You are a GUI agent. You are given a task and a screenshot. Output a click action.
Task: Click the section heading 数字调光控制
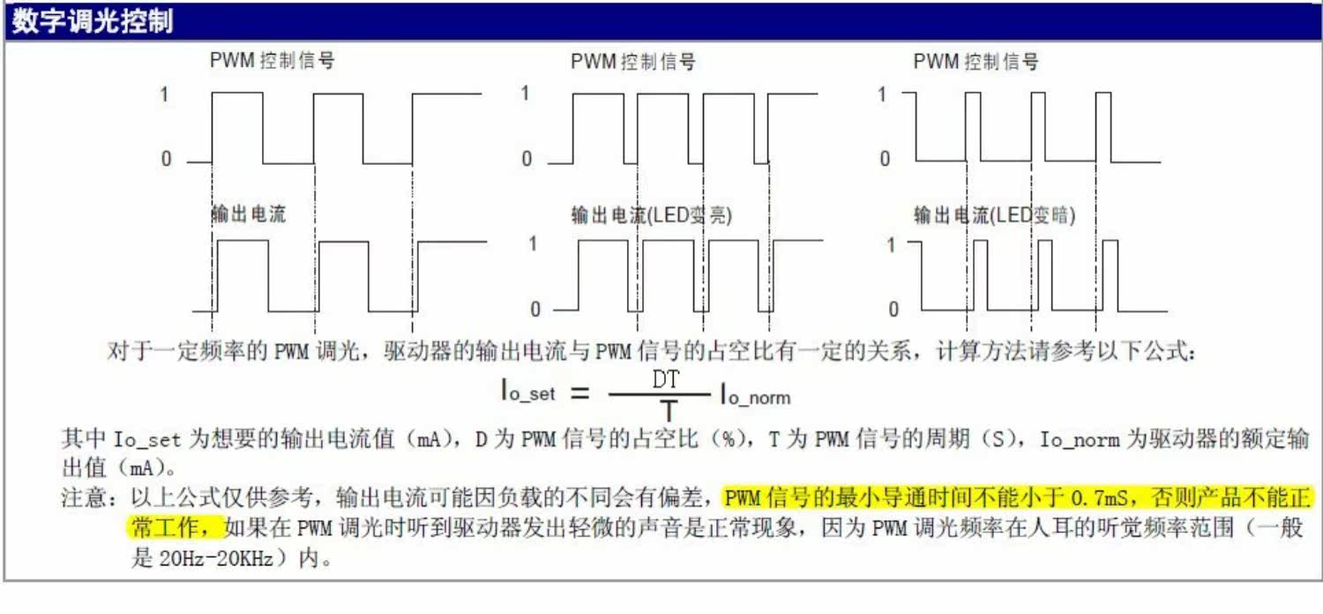coord(91,22)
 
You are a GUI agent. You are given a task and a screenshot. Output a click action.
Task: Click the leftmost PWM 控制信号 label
coord(272,61)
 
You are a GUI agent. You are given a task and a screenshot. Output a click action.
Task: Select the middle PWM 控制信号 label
coord(632,62)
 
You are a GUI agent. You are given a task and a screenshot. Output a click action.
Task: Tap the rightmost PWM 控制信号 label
coord(975,62)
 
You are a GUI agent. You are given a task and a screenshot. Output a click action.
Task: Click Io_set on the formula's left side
coord(528,393)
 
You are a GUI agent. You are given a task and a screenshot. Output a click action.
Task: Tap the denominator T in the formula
coord(669,411)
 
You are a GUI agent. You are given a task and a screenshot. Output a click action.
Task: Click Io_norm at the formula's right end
coord(755,394)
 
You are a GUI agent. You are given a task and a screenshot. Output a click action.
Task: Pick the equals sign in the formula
coord(579,393)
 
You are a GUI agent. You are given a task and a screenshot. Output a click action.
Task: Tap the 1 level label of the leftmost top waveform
coord(164,94)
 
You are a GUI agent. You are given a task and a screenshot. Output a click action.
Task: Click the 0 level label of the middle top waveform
coord(527,160)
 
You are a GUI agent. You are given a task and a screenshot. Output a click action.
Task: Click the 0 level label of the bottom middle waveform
coord(534,310)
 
